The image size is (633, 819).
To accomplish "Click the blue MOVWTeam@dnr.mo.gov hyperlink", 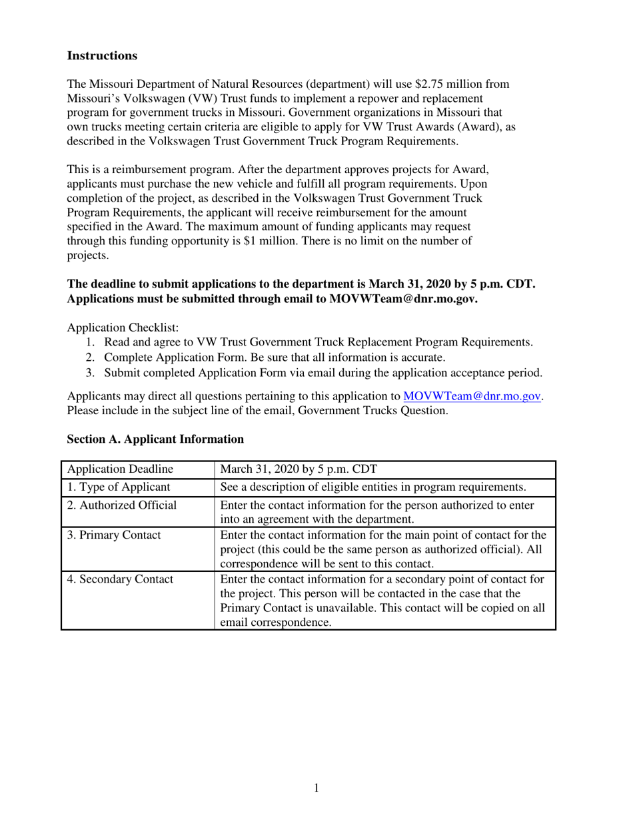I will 472,396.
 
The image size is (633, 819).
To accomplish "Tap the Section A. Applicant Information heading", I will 155,439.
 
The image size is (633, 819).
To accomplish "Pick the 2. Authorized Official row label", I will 122,505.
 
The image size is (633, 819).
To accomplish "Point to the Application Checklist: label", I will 123,328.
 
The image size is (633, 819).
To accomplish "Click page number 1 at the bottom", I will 316,788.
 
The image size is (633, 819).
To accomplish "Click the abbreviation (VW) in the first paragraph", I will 171,98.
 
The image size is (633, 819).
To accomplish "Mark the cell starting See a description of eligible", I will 373,487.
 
